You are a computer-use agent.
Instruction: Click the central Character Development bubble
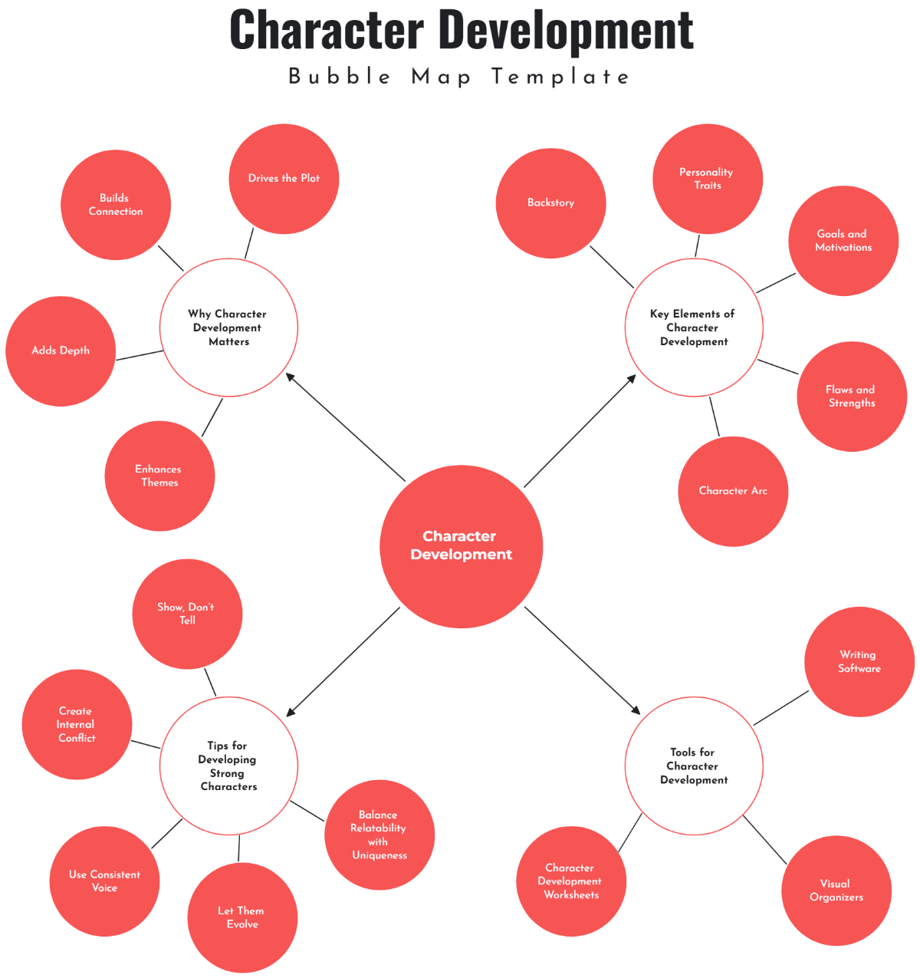(x=461, y=546)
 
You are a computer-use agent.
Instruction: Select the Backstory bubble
(x=550, y=203)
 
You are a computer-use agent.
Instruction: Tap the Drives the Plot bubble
(x=284, y=179)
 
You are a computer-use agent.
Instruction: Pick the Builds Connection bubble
(x=116, y=205)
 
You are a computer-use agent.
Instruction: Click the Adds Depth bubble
(x=61, y=351)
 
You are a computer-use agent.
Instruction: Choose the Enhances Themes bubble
(x=159, y=476)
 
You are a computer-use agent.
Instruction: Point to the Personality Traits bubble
(x=707, y=179)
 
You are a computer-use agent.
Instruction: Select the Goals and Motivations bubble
(x=843, y=241)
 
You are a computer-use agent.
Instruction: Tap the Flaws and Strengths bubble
(x=851, y=397)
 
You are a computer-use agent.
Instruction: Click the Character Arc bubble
(x=733, y=491)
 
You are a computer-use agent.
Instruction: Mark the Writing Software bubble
(x=859, y=662)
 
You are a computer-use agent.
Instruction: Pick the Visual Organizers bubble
(x=836, y=891)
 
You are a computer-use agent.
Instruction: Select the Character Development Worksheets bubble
(x=570, y=881)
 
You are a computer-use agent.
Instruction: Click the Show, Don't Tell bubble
(x=187, y=614)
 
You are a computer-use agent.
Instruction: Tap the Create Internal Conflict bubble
(x=77, y=725)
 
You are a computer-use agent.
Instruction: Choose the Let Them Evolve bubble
(x=242, y=917)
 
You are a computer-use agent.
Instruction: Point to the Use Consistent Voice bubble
(x=104, y=881)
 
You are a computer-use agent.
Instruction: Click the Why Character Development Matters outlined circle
(x=228, y=328)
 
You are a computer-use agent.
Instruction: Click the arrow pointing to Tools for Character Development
(x=583, y=661)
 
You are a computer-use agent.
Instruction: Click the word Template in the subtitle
(x=560, y=77)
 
